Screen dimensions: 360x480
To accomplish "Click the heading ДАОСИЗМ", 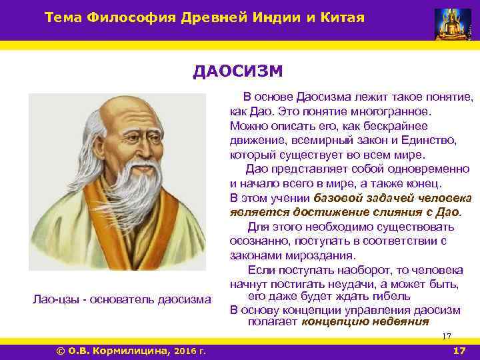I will [238, 71].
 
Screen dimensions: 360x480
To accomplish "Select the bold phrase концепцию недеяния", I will [365, 321].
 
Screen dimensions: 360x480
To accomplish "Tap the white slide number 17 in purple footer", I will [459, 351].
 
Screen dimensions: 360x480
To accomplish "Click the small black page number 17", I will [447, 336].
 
